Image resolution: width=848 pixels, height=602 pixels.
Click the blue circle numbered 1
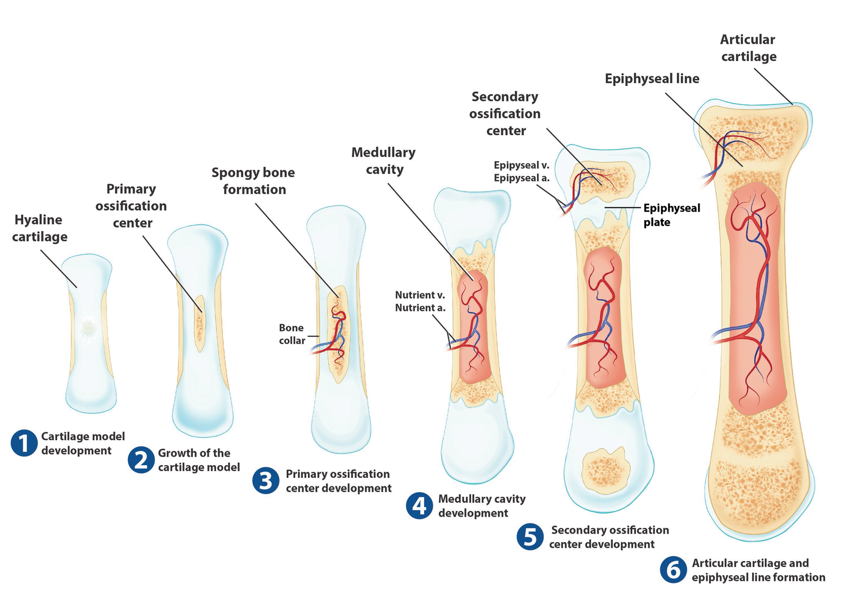[x=24, y=443]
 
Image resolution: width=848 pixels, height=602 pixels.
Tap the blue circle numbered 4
[x=419, y=505]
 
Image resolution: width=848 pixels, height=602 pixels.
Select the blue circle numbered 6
[x=673, y=570]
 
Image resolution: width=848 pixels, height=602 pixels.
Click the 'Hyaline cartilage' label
[x=39, y=228]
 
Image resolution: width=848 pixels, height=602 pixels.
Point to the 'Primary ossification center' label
[x=131, y=206]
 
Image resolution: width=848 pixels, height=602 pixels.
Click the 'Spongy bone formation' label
[x=253, y=181]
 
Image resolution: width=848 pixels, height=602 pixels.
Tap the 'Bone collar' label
[x=292, y=334]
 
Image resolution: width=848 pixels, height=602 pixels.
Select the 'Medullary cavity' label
[x=384, y=161]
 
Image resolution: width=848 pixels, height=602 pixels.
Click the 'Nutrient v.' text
[x=420, y=295]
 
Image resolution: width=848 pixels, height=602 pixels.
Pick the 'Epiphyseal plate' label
[x=671, y=215]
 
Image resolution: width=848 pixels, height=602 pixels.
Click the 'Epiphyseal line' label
[x=652, y=79]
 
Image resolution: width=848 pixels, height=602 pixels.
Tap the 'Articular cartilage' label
[x=748, y=48]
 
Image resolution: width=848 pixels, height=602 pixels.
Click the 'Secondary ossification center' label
[x=505, y=114]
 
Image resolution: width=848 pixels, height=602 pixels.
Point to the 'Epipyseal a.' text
[x=522, y=178]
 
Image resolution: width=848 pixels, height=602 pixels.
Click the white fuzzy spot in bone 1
[x=88, y=329]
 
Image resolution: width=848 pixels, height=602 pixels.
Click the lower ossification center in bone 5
[x=606, y=470]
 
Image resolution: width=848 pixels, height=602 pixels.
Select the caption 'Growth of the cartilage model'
[x=198, y=460]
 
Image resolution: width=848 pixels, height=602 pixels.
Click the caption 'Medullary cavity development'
[x=481, y=505]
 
